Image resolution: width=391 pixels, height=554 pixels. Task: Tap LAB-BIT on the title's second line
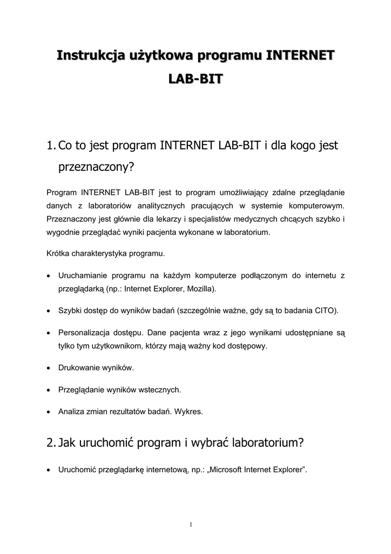(195, 80)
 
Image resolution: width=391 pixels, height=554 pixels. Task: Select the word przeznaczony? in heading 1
(96, 167)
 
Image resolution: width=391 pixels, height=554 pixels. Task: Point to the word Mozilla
(200, 289)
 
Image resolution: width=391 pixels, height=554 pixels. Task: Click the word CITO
(326, 311)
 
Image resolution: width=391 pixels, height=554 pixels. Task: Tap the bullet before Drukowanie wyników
(49, 368)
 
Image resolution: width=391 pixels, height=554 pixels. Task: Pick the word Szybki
(70, 311)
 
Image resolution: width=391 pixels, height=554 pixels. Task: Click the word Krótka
(59, 253)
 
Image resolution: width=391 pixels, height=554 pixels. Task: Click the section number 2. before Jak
(52, 443)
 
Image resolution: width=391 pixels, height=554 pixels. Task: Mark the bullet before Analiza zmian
(49, 411)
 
